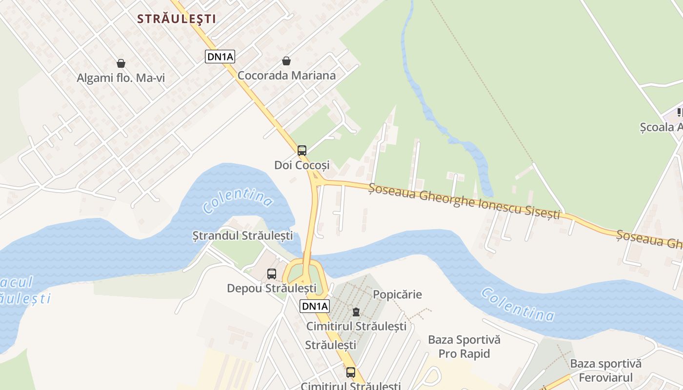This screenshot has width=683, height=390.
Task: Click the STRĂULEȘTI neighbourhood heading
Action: point(176,19)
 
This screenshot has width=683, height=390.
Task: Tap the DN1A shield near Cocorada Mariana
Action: point(221,57)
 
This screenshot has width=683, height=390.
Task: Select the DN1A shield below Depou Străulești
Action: point(315,306)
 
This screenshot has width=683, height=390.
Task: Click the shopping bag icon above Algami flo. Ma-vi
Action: point(121,63)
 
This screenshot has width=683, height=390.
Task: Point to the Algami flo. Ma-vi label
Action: point(121,78)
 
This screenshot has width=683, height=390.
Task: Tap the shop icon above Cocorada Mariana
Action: point(286,61)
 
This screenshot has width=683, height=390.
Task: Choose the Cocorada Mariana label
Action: point(286,76)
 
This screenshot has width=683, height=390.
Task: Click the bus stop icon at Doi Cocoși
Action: point(302,150)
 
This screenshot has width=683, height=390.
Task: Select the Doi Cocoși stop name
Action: point(302,165)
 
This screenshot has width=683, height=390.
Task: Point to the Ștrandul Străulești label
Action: point(242,236)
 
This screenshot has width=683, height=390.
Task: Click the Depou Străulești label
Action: point(271,289)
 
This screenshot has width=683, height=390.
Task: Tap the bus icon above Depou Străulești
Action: point(272,274)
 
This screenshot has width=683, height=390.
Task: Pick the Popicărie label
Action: point(397,294)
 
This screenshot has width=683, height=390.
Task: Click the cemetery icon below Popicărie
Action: point(356,312)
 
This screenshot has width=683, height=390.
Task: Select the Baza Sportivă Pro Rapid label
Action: point(464,347)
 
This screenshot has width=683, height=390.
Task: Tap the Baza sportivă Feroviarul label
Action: point(605,370)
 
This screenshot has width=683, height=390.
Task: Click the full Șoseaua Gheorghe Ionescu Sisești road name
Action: point(464,201)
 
